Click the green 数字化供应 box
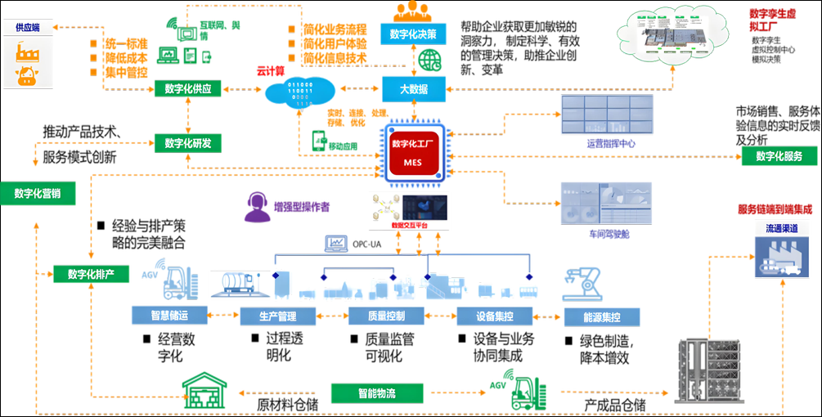pyautogui.click(x=188, y=89)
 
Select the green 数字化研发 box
pyautogui.click(x=188, y=143)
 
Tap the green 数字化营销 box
pyautogui.click(x=38, y=193)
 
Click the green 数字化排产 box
pyautogui.click(x=92, y=273)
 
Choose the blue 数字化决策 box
pyautogui.click(x=413, y=34)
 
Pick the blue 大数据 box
pyautogui.click(x=413, y=89)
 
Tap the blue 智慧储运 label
pyautogui.click(x=170, y=316)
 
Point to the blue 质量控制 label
pyautogui.click(x=375, y=316)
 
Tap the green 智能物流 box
pyautogui.click(x=376, y=393)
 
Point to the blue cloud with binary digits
pyautogui.click(x=300, y=93)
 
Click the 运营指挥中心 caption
pyautogui.click(x=610, y=143)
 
